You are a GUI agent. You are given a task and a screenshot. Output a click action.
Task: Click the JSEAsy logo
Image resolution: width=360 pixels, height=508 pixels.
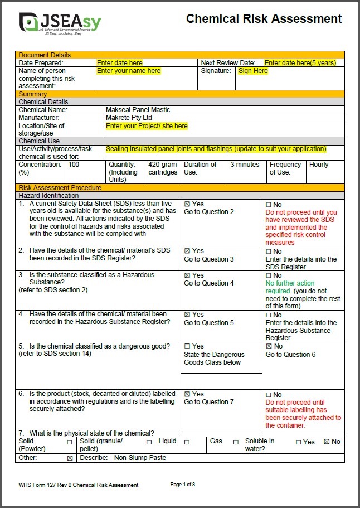tap(60, 22)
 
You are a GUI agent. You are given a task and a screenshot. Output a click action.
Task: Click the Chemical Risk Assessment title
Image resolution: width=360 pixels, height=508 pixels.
tap(264, 19)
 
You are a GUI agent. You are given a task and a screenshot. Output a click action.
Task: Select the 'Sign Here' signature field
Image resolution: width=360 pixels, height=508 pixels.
tap(253, 71)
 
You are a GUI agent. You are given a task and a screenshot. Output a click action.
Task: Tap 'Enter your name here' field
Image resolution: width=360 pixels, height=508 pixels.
tap(129, 71)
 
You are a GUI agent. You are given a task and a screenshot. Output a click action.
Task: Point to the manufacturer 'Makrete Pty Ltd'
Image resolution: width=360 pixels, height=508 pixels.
tap(129, 118)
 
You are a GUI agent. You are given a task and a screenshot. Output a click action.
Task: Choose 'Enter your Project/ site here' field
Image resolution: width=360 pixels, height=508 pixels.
tap(147, 126)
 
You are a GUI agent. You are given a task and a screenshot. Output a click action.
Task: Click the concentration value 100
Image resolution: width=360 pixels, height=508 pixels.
tap(74, 165)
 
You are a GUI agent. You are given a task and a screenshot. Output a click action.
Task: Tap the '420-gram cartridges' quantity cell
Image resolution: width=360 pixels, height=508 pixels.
tap(162, 168)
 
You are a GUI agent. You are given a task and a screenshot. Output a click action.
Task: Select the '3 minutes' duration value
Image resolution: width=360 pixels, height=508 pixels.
tap(245, 165)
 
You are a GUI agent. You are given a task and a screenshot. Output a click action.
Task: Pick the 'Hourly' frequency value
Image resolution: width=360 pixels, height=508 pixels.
tap(319, 165)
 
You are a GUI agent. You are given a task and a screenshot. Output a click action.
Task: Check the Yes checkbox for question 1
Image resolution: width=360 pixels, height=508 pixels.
tap(187, 204)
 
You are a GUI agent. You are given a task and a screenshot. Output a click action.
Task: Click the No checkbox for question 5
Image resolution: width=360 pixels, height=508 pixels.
tap(269, 346)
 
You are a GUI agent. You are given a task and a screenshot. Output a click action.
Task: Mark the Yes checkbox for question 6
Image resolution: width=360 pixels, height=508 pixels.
tap(187, 394)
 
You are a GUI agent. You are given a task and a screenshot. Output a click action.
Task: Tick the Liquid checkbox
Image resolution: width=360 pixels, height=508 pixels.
tap(187, 442)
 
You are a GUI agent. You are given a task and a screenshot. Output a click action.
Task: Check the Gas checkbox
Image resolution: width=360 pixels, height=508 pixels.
tap(236, 442)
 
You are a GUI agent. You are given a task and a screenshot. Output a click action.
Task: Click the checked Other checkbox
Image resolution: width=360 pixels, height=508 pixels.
tap(70, 458)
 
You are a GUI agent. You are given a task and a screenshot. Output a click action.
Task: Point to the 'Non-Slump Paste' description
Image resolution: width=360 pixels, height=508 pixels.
tap(140, 458)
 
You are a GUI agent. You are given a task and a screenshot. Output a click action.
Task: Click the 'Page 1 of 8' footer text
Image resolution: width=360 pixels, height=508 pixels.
tap(182, 485)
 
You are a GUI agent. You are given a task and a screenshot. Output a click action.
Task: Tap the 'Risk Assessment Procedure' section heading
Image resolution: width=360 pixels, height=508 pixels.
tap(60, 188)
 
